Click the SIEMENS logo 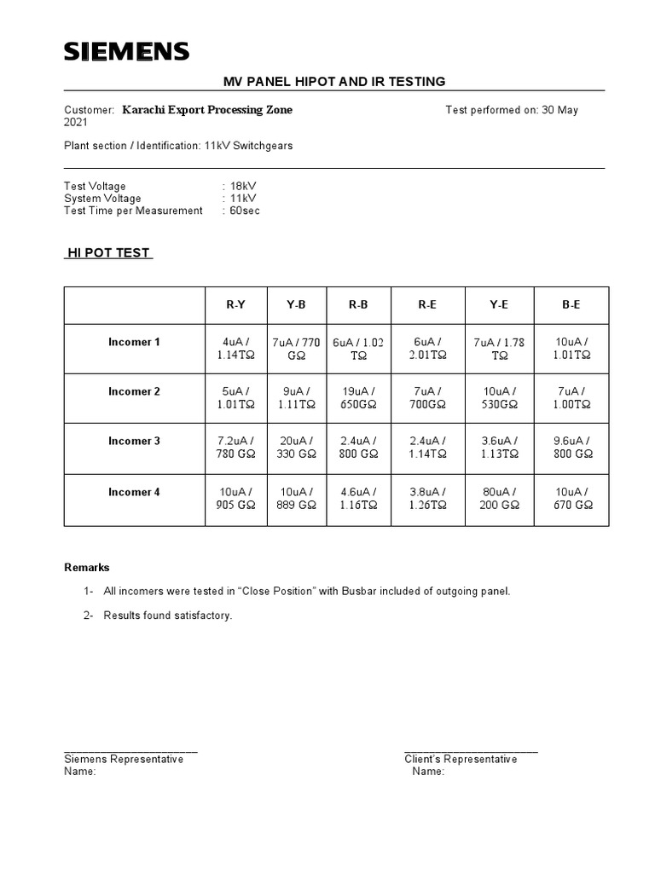click(127, 53)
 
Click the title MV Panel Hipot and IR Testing click(334, 82)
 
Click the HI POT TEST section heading click(108, 253)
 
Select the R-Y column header click(235, 305)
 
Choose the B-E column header click(571, 305)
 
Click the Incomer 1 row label click(134, 343)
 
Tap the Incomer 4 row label click(134, 492)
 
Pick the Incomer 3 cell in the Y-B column click(296, 448)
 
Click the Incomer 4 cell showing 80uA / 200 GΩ click(500, 499)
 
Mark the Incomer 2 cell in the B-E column click(571, 398)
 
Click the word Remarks click(87, 568)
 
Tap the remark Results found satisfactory click(167, 616)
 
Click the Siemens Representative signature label click(124, 760)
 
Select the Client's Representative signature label click(461, 760)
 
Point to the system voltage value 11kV click(241, 199)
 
